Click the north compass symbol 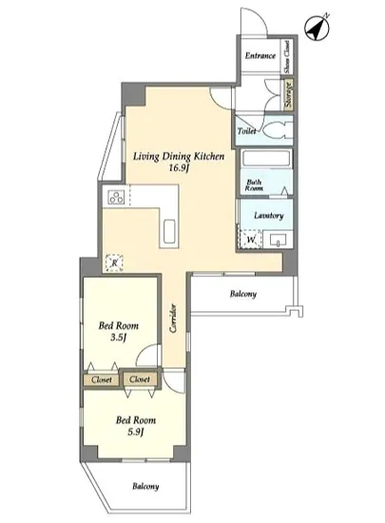[318, 28]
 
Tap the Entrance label [260, 56]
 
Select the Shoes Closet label [287, 56]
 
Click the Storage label [289, 94]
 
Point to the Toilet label [246, 131]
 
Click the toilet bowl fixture [279, 129]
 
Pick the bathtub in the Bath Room [266, 158]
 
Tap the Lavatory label [269, 216]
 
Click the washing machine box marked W [250, 239]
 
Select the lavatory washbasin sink [278, 239]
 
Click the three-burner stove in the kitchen [116, 197]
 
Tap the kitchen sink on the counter [169, 231]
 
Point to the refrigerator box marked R [114, 262]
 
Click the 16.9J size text [179, 167]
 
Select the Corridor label [173, 318]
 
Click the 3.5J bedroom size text [118, 338]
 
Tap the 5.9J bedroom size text [136, 433]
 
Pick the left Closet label [102, 379]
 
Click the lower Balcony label [145, 486]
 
